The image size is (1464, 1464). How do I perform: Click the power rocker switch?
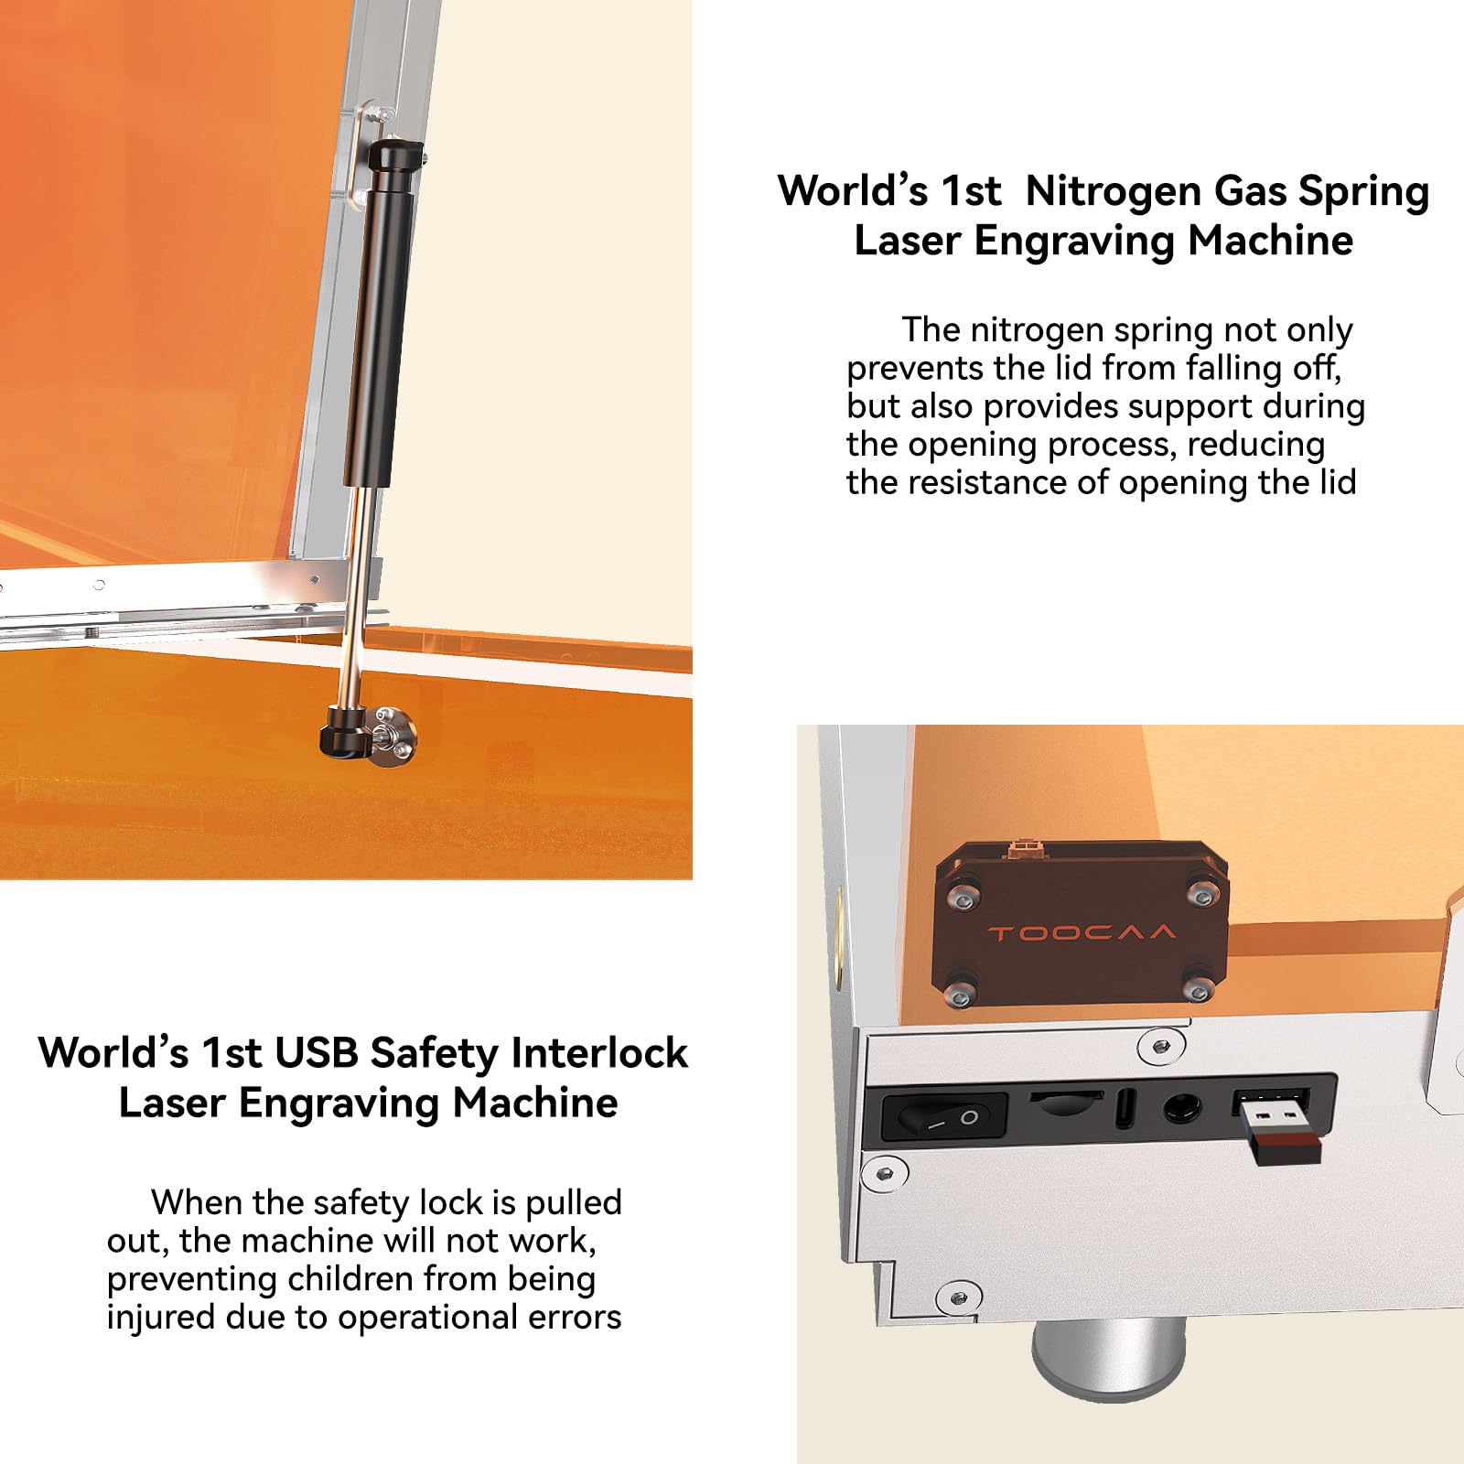point(943,1117)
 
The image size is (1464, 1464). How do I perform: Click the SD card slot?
point(1066,1102)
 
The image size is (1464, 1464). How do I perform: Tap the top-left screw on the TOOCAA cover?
point(962,900)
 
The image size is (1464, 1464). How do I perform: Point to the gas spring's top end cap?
point(395,155)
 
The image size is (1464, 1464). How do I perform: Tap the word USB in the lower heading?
point(317,1053)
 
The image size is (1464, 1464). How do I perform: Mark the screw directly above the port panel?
point(1160,1045)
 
